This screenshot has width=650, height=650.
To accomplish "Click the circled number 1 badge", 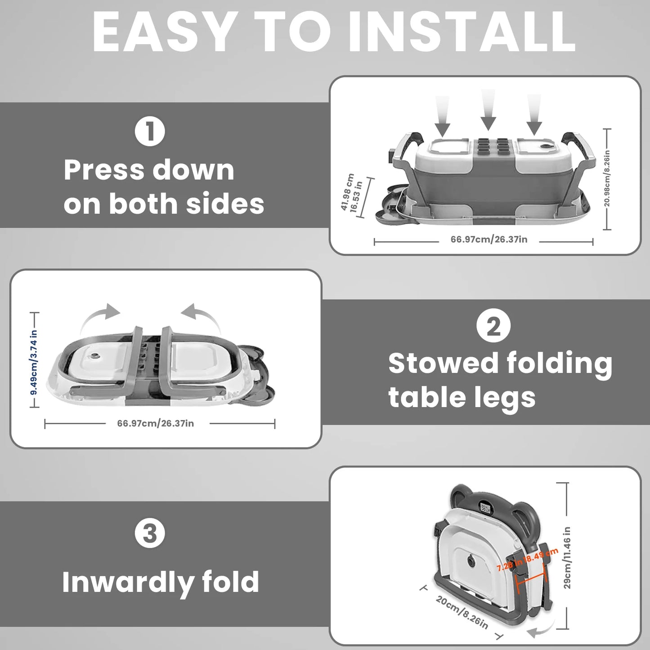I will pos(150,131).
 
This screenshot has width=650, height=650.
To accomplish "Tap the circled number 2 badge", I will pos(493,326).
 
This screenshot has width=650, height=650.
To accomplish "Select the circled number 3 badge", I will pos(150,533).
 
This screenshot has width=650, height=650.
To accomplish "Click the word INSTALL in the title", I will pos(462,33).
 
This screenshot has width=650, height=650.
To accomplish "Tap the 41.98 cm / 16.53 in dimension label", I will pos(351,193).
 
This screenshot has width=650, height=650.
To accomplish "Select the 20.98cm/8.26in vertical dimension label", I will pos(607,179).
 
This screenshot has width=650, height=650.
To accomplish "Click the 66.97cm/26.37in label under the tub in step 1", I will pos(489,239).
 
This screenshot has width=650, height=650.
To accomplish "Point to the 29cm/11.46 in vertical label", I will pos(567,557).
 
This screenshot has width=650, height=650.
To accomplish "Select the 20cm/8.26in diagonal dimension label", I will pos(462,612).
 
